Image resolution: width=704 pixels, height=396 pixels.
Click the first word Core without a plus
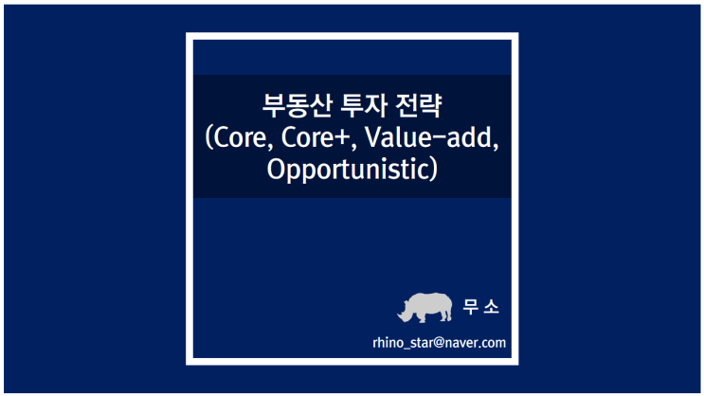point(243,138)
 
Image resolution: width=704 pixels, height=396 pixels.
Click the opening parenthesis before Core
point(210,139)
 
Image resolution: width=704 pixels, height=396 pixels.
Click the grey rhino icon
point(424,306)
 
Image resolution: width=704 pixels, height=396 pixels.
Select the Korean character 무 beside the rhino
point(470,308)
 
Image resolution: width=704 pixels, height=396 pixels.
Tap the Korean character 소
point(492,308)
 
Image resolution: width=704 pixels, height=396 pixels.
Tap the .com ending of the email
point(493,342)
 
